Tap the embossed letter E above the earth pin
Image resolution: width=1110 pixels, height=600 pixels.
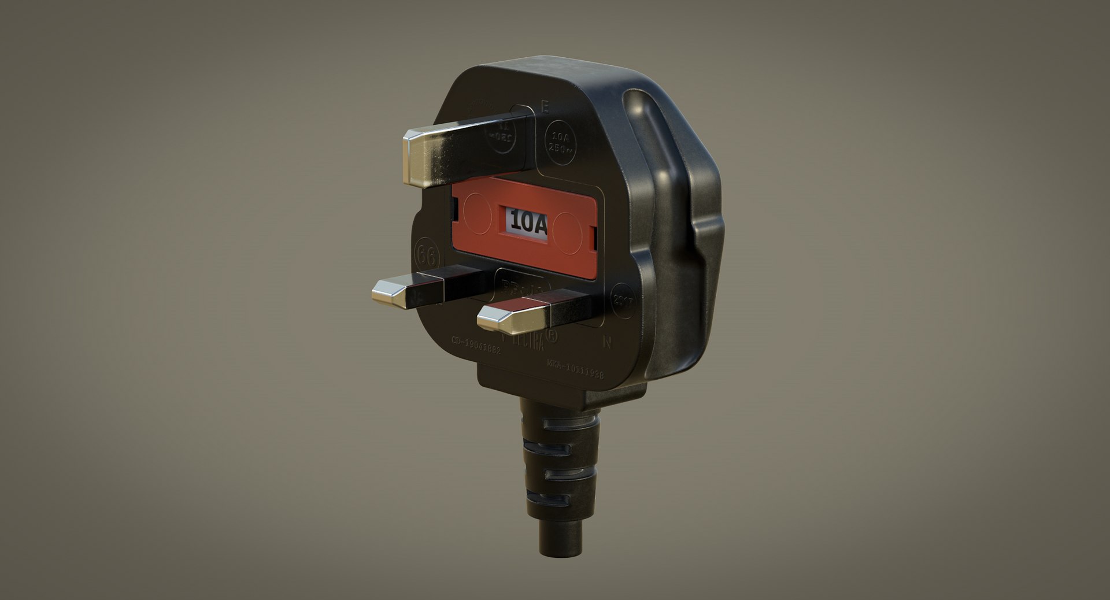(x=543, y=107)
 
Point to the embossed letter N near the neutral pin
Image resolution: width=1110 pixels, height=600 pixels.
(x=607, y=342)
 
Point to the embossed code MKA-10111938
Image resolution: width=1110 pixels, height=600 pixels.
(x=575, y=369)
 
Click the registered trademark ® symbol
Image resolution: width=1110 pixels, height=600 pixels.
(x=552, y=336)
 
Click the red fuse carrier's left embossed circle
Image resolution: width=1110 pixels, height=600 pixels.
(x=478, y=212)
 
